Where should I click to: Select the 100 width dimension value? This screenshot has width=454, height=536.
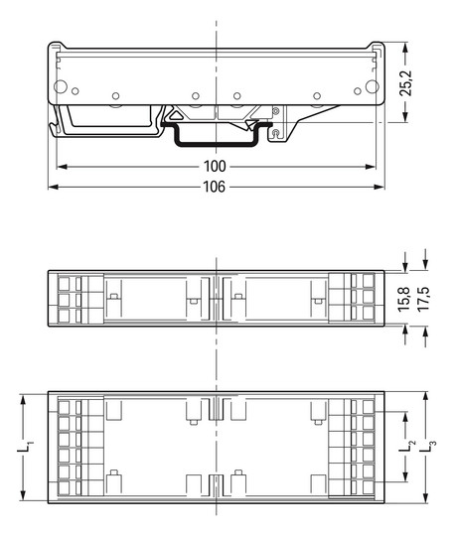coord(215,166)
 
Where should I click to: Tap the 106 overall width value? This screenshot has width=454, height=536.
coord(215,186)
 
